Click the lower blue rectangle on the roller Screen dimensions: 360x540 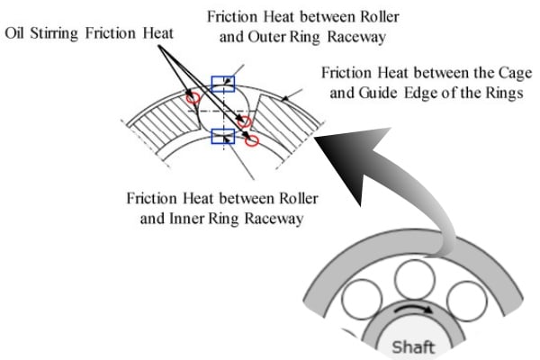221,137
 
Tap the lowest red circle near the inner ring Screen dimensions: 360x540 252,140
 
